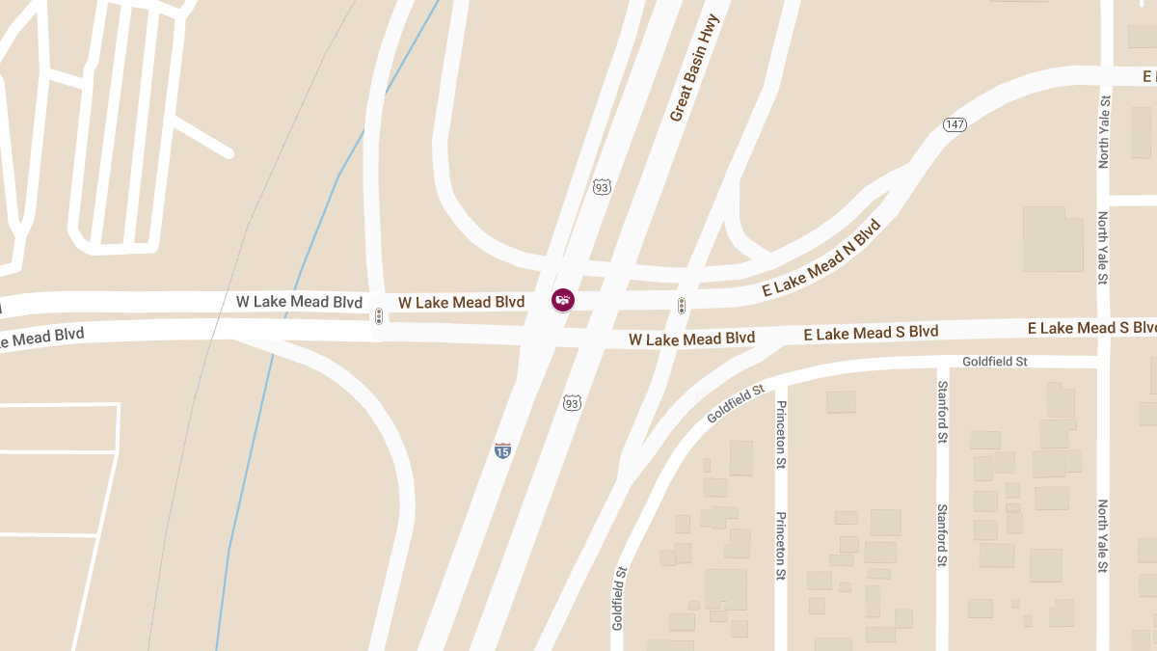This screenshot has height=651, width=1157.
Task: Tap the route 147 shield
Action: coord(955,125)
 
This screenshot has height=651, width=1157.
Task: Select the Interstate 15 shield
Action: coord(502,450)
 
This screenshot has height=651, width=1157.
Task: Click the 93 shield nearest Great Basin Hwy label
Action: coord(603,185)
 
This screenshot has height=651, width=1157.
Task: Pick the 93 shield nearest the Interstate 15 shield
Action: coord(572,402)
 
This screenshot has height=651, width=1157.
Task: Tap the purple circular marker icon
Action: coord(562,300)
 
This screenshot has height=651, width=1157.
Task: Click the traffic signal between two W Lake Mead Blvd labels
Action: coord(379,316)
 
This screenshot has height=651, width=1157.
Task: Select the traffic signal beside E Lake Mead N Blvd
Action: coord(682,306)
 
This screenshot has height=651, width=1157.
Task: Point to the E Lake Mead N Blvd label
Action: coord(821,258)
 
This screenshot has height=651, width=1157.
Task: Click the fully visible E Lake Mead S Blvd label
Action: coord(871,333)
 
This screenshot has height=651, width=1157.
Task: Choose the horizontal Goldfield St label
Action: coord(995,362)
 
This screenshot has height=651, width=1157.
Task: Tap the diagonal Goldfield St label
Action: coord(735,404)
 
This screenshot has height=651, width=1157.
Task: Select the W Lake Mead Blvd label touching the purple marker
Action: coord(461,303)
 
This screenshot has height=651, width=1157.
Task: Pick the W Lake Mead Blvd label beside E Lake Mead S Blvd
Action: coord(691,339)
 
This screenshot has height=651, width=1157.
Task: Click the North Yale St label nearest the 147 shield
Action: coord(1105,131)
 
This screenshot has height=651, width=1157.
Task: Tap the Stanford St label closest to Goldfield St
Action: coord(942,412)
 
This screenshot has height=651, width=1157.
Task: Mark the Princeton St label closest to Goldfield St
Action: coord(781,434)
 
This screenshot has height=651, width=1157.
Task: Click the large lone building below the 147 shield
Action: coord(1053,238)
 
